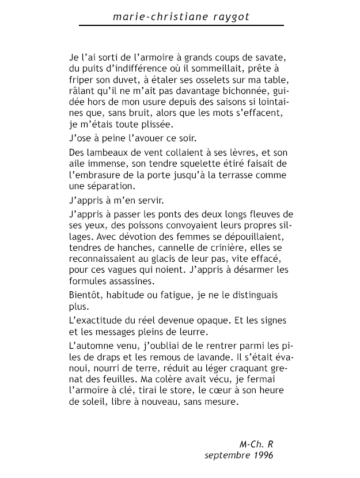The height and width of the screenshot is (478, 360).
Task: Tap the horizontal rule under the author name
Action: [x=181, y=26]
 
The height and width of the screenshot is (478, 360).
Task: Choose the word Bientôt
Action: [x=86, y=295]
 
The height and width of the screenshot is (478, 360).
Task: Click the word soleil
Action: [x=95, y=402]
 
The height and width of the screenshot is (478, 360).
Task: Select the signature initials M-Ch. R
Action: [x=256, y=444]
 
